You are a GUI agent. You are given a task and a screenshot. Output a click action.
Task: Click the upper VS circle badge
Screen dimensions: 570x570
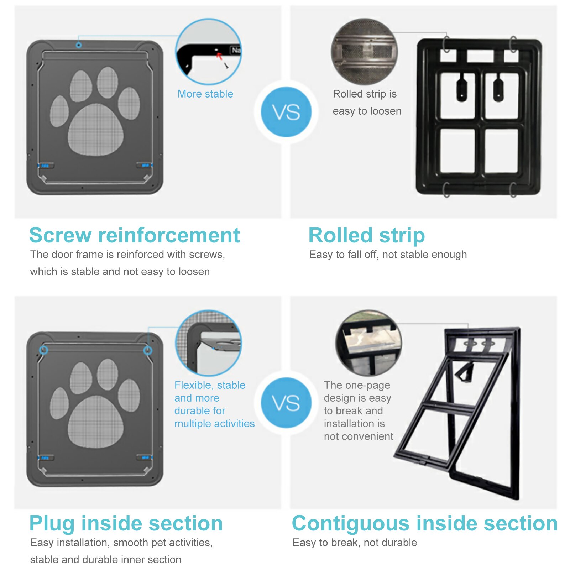coord(286,112)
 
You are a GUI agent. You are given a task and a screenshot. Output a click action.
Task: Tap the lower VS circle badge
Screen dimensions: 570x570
coord(286,403)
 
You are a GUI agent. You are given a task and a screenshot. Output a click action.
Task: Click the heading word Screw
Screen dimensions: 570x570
coord(61,235)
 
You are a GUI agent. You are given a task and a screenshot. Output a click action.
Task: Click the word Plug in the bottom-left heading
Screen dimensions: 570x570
coord(52,523)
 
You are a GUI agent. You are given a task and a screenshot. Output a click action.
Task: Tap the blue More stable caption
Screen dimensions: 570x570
coord(205,94)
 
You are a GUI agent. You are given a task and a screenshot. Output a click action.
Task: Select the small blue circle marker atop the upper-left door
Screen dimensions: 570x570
coord(79,45)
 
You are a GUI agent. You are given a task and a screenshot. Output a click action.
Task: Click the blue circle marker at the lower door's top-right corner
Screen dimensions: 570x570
coord(148,351)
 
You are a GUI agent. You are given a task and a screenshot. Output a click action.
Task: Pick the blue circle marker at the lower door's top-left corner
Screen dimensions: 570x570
coord(43,350)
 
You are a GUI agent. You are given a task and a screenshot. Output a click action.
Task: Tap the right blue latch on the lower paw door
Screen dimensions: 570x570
coord(145,457)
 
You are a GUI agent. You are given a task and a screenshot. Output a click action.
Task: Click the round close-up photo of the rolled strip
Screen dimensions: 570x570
coord(364,52)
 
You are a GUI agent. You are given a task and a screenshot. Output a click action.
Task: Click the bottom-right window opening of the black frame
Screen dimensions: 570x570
coord(501,151)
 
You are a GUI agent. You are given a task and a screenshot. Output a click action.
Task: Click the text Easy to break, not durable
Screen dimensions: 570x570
coord(355,543)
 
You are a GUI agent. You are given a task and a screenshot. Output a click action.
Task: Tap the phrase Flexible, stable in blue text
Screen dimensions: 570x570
coord(210,385)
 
